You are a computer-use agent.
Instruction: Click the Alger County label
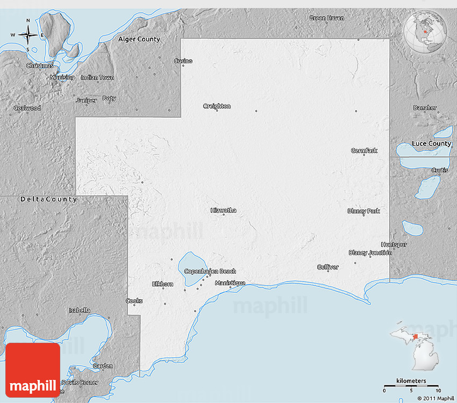click(x=139, y=39)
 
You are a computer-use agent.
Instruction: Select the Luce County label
click(x=431, y=143)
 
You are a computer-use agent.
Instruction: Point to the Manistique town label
click(x=230, y=283)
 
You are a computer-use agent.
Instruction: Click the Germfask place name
click(x=364, y=150)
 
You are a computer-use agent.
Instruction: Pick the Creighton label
click(x=217, y=106)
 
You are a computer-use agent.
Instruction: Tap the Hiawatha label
click(x=223, y=211)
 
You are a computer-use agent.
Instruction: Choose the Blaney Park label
click(x=363, y=211)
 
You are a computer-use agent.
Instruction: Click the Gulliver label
click(x=327, y=267)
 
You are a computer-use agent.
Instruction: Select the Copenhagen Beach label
click(x=210, y=271)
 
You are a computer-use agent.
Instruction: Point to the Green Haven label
click(x=326, y=18)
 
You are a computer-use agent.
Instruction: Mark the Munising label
click(x=62, y=77)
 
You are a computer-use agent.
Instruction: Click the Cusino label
click(x=183, y=61)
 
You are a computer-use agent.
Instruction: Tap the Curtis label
click(x=439, y=170)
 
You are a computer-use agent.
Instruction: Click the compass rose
click(x=28, y=35)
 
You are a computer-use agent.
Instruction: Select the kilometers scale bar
click(x=411, y=385)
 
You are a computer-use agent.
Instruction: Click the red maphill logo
click(x=33, y=370)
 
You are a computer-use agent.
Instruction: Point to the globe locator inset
click(x=426, y=31)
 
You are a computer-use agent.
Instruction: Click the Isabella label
click(x=80, y=311)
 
